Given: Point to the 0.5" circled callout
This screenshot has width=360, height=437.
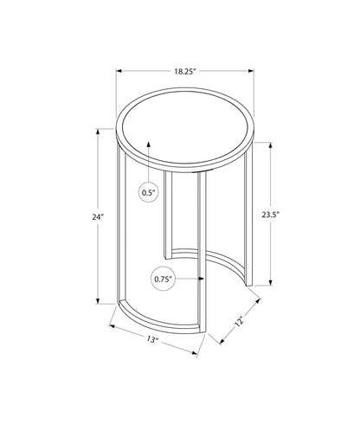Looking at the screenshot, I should (149, 193).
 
